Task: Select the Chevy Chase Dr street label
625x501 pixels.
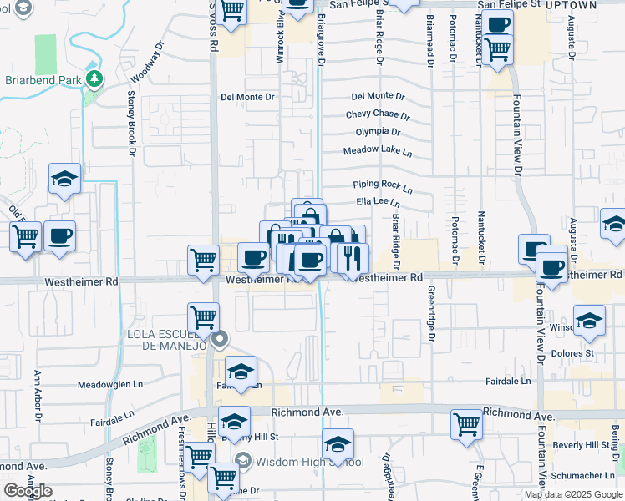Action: coord(378,115)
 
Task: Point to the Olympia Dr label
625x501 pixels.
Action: coord(378,132)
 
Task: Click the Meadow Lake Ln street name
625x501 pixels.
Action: coord(378,152)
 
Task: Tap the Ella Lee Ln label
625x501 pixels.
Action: coord(379,202)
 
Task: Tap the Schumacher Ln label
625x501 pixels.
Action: coord(584,476)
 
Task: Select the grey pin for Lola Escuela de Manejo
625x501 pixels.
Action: coord(220,339)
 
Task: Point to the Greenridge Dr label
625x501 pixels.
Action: coord(432,314)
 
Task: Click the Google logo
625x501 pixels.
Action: coord(28,491)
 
